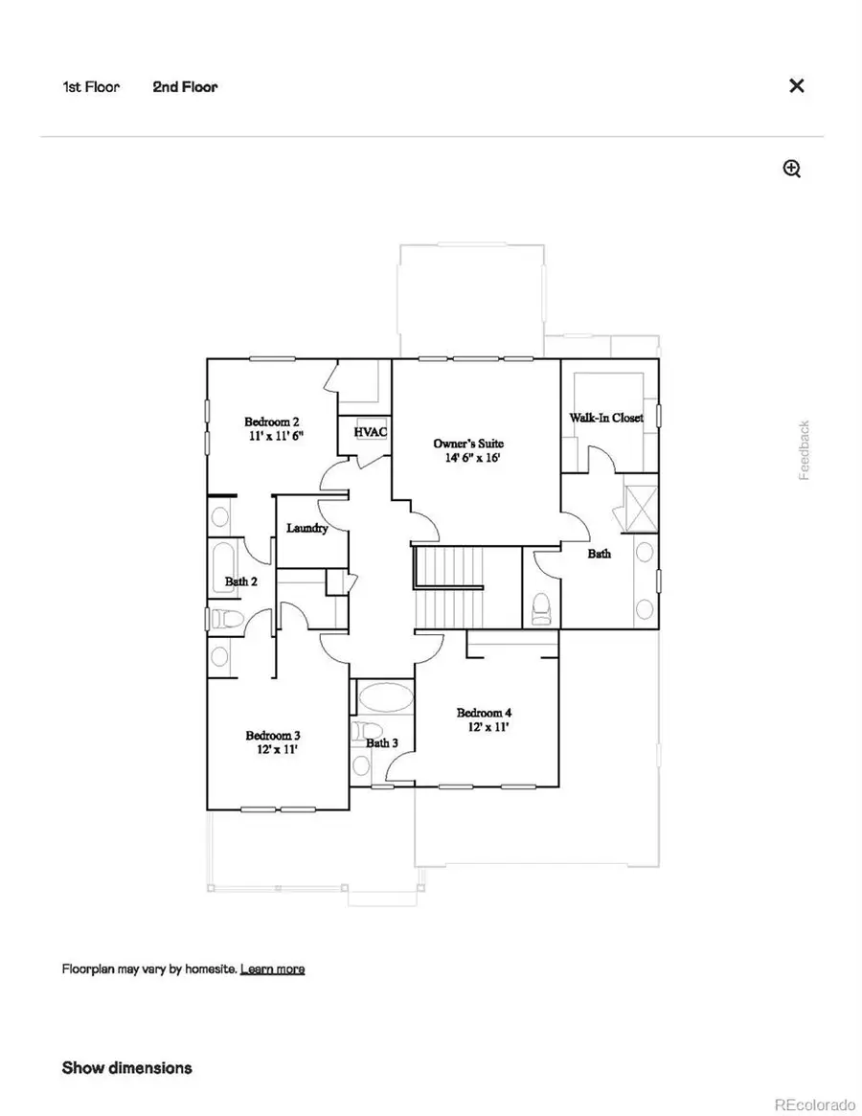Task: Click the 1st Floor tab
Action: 91,87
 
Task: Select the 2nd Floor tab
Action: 185,87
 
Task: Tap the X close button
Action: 796,86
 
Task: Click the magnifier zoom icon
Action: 792,170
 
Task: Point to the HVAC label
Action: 371,432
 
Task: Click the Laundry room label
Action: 307,528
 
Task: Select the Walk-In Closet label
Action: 606,418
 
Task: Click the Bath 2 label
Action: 240,581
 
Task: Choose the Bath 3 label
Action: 381,742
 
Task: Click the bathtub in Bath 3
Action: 383,697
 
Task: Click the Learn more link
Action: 272,968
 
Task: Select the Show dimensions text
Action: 126,1067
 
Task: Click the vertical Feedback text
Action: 805,450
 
